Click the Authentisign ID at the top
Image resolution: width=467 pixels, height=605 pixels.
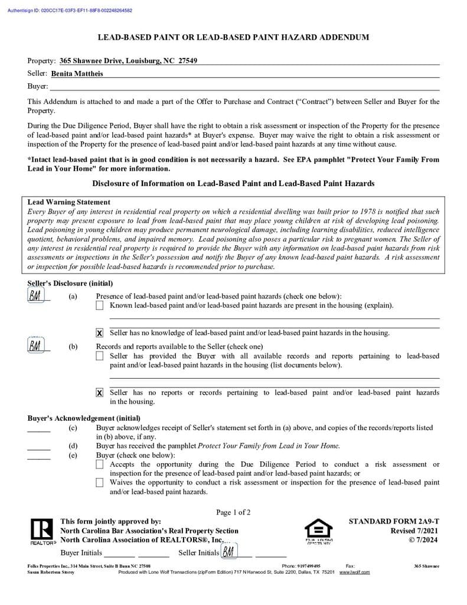(x=70, y=11)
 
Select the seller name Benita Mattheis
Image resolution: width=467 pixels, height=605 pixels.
(x=77, y=74)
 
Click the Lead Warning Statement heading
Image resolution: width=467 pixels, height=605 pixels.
(x=68, y=202)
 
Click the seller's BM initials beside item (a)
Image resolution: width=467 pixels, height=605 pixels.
(x=35, y=296)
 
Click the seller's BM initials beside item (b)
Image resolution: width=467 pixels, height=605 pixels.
(x=35, y=345)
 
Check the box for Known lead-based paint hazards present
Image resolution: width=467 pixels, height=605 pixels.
(x=100, y=305)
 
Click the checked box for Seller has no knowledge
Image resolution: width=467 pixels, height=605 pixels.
(x=100, y=333)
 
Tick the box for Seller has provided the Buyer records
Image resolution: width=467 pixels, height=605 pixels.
(x=100, y=356)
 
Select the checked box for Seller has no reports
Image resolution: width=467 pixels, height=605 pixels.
(x=100, y=393)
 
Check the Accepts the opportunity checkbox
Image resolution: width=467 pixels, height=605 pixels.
(x=100, y=465)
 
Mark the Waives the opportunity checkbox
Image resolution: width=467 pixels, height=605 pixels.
(x=100, y=483)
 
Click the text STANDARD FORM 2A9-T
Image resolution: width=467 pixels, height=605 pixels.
(x=394, y=522)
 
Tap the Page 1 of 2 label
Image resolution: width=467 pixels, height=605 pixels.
(x=233, y=512)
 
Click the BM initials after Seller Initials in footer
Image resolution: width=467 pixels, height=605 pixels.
(x=228, y=552)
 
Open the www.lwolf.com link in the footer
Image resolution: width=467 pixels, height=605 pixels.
(x=354, y=572)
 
